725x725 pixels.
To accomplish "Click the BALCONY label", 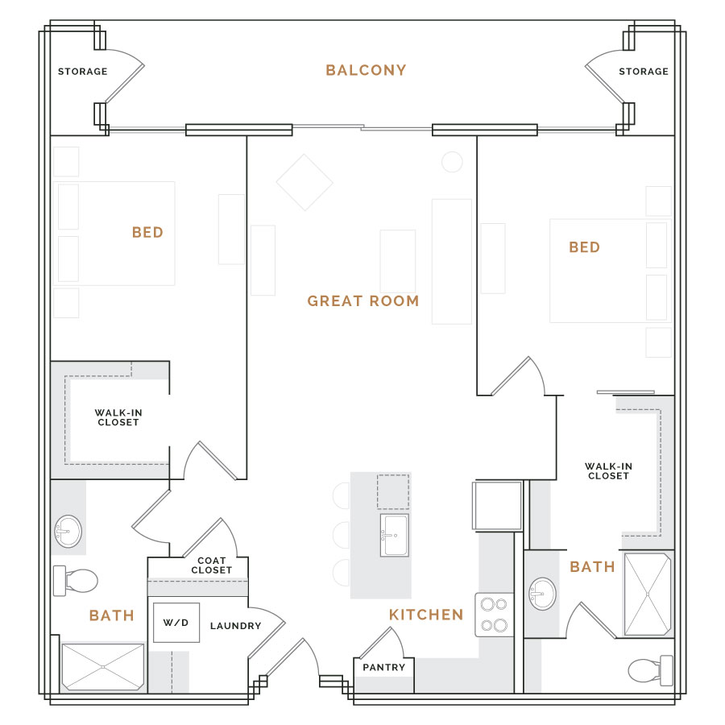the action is pos(366,70).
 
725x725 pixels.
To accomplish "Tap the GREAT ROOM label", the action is pos(363,301).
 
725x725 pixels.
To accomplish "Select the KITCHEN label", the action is pos(426,615).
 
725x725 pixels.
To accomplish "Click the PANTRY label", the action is pos(383,667).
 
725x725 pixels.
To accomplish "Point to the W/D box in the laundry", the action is pos(176,623).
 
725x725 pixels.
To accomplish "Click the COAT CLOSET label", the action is pos(211,565).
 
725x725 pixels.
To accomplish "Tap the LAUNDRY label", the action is pos(236,626).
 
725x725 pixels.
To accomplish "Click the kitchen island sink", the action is pos(395,535).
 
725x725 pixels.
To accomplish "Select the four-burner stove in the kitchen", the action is pos(495,615).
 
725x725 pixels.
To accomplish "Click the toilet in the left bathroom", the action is pos(76,581).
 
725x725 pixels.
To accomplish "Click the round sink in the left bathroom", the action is pos(68,532).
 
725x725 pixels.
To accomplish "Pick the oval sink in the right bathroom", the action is pos(542,594).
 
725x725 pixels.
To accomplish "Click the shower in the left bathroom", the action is pos(102,667).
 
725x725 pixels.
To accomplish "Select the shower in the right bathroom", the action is pos(648,594).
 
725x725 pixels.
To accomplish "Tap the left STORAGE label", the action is pos(83,71).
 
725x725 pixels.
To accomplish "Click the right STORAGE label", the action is pos(644,71).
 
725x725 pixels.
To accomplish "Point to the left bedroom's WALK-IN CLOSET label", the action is pos(118,417).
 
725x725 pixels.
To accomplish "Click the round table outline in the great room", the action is pos(452,162).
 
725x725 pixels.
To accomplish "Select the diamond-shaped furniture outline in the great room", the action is pos(304,182).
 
